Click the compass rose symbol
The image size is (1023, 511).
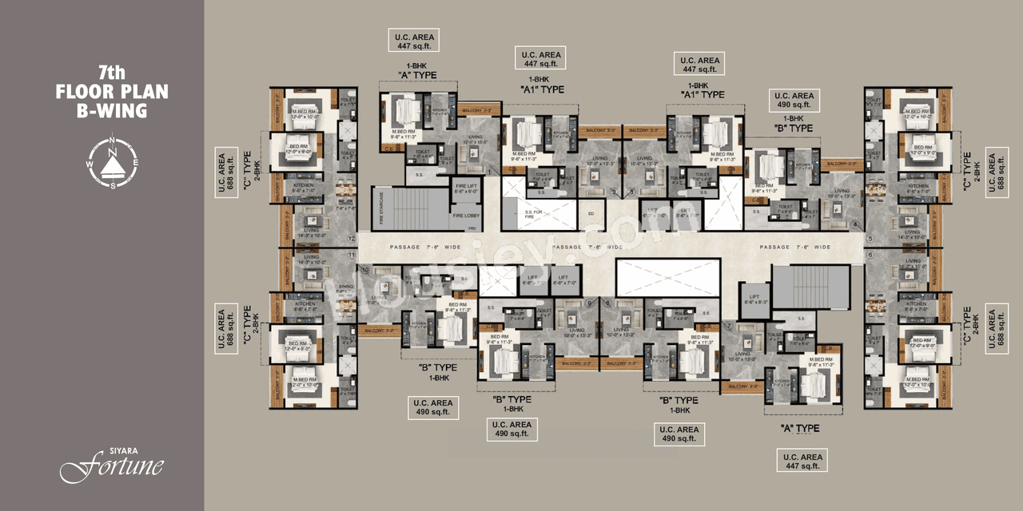click(x=112, y=160)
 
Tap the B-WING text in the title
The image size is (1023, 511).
click(x=112, y=112)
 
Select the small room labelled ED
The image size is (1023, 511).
click(x=591, y=213)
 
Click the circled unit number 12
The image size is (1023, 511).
click(x=351, y=238)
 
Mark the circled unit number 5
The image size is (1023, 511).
click(x=870, y=236)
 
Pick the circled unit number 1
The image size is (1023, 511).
click(x=489, y=171)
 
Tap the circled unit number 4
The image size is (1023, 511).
click(x=855, y=224)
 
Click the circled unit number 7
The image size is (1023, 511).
click(x=730, y=325)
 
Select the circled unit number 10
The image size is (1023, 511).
click(x=365, y=271)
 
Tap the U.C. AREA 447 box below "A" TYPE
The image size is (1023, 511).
click(x=800, y=461)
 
